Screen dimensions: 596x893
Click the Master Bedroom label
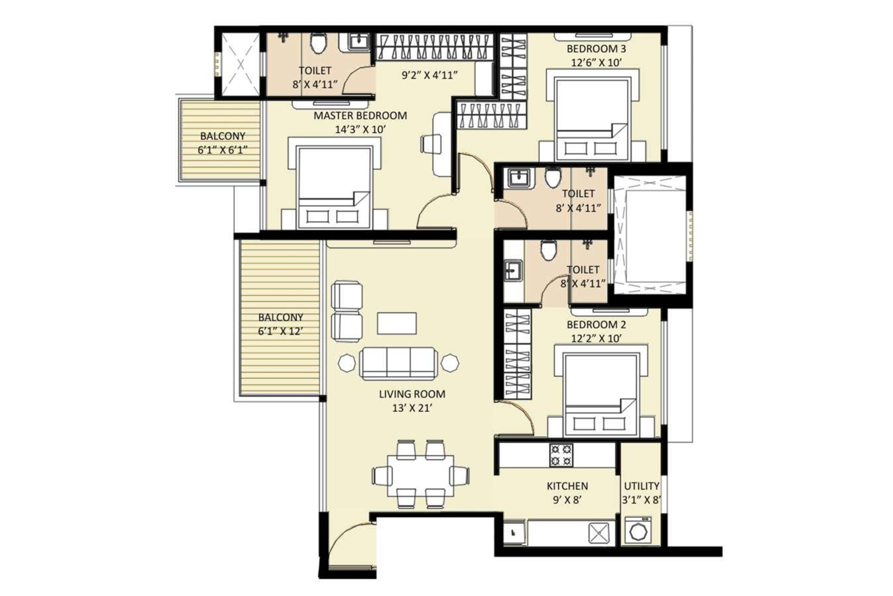point(360,116)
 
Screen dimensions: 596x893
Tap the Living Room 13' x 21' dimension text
point(412,408)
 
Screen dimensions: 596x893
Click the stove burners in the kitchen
point(561,455)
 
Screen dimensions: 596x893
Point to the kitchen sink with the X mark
point(601,533)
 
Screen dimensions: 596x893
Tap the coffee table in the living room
point(397,323)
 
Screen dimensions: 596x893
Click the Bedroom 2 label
point(596,325)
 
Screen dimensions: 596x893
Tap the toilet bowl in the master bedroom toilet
point(319,43)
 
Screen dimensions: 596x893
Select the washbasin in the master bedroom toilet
point(357,41)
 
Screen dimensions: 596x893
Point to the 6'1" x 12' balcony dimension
point(280,331)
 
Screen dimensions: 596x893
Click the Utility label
point(641,486)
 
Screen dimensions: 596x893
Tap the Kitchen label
point(567,486)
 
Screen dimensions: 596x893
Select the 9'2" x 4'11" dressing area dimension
point(430,75)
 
